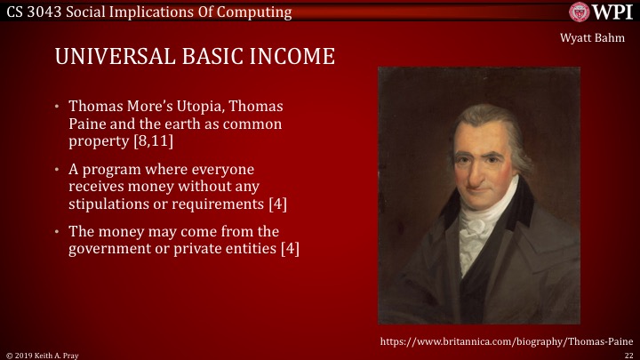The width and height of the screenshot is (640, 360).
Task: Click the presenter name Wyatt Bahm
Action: (x=596, y=37)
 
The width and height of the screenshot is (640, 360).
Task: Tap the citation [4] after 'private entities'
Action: (x=289, y=249)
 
